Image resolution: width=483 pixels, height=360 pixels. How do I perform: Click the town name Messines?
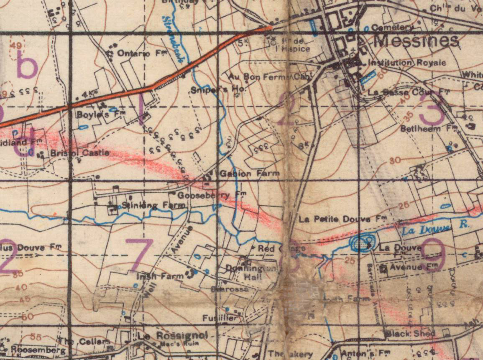tap(416, 41)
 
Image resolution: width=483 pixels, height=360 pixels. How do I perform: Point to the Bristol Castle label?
tap(80, 153)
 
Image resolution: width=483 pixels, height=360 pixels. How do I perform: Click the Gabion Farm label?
tap(250, 173)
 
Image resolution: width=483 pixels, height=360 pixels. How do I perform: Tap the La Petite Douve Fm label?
tap(342, 219)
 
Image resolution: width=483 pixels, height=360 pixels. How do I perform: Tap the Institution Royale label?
tap(406, 63)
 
